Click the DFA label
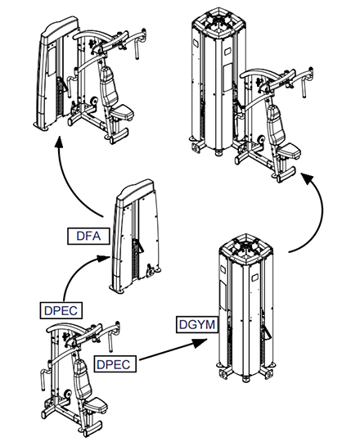[x=88, y=236]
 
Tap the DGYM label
[x=197, y=324]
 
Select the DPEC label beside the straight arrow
[x=115, y=364]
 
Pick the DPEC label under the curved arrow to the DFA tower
[x=61, y=310]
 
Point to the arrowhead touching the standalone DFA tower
[x=103, y=258]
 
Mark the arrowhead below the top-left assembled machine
[x=59, y=142]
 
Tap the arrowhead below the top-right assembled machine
[x=307, y=178]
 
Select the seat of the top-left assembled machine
[x=122, y=112]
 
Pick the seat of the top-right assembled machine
[x=290, y=151]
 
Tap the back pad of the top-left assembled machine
[x=109, y=87]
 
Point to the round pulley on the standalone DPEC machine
[x=68, y=395]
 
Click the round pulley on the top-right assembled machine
[x=261, y=139]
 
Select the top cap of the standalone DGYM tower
[x=247, y=249]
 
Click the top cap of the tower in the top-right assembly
[x=219, y=22]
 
